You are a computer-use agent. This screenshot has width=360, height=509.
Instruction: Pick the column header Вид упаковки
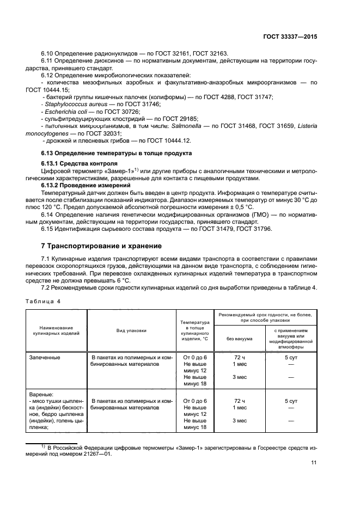coord(131,330)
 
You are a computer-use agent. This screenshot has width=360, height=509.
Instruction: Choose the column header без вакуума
coord(239,338)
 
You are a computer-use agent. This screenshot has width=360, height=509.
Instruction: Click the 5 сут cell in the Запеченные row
coord(291,357)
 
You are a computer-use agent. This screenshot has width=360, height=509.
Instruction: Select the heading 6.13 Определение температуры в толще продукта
coord(116,153)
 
